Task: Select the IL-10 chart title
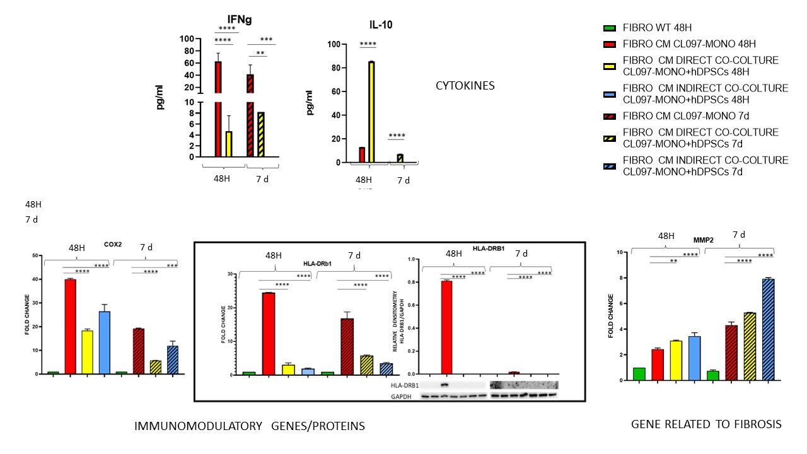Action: (381, 26)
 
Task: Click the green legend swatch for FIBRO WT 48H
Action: (609, 28)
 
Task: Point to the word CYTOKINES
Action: (465, 85)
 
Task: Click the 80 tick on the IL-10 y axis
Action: (334, 68)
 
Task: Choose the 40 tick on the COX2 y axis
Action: (36, 279)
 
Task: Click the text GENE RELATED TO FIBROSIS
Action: (706, 425)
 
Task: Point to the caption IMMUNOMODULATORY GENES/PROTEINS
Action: (250, 427)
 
